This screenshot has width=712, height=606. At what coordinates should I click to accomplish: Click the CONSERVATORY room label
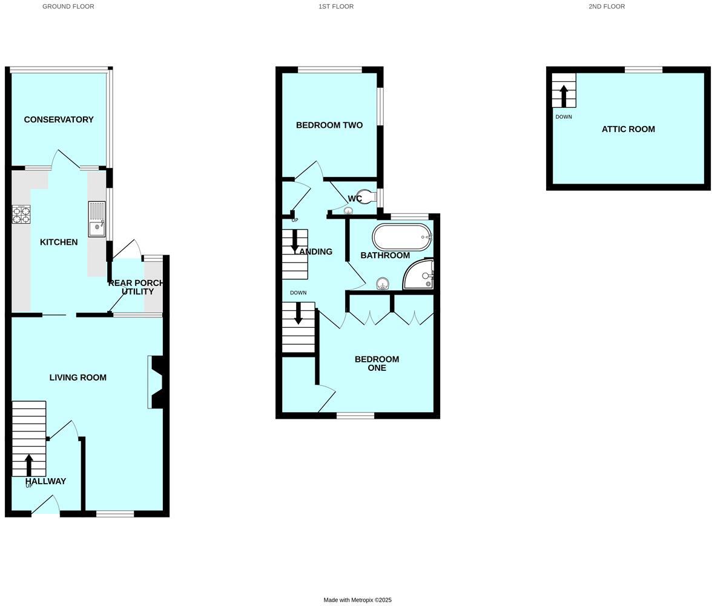pos(59,119)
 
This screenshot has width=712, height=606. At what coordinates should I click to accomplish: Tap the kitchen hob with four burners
pos(21,215)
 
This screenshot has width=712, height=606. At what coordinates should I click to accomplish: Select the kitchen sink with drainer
pos(96,219)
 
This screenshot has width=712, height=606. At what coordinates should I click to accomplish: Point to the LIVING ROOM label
pos(78,378)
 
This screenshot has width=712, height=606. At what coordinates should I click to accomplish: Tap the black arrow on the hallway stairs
pos(29,465)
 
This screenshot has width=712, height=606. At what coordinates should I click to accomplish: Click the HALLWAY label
pos(46,481)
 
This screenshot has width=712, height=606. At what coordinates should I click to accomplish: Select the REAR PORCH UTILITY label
pos(137,287)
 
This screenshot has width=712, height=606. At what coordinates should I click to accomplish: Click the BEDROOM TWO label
pos(329,125)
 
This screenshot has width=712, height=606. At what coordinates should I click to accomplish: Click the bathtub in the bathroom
pos(401,237)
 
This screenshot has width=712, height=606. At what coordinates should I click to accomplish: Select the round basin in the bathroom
pos(383,283)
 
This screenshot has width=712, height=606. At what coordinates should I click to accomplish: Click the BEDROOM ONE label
pos(377,364)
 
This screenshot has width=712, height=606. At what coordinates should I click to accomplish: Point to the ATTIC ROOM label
pos(628,129)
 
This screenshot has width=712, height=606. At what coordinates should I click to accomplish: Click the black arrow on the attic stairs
pos(564,96)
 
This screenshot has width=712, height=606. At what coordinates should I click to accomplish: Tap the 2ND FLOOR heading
pos(607,7)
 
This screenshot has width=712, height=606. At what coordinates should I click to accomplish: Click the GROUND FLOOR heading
pos(68,7)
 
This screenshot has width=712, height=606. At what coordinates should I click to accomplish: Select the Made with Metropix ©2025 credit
pos(357,600)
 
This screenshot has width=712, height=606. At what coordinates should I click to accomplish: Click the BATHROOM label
pos(385,256)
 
